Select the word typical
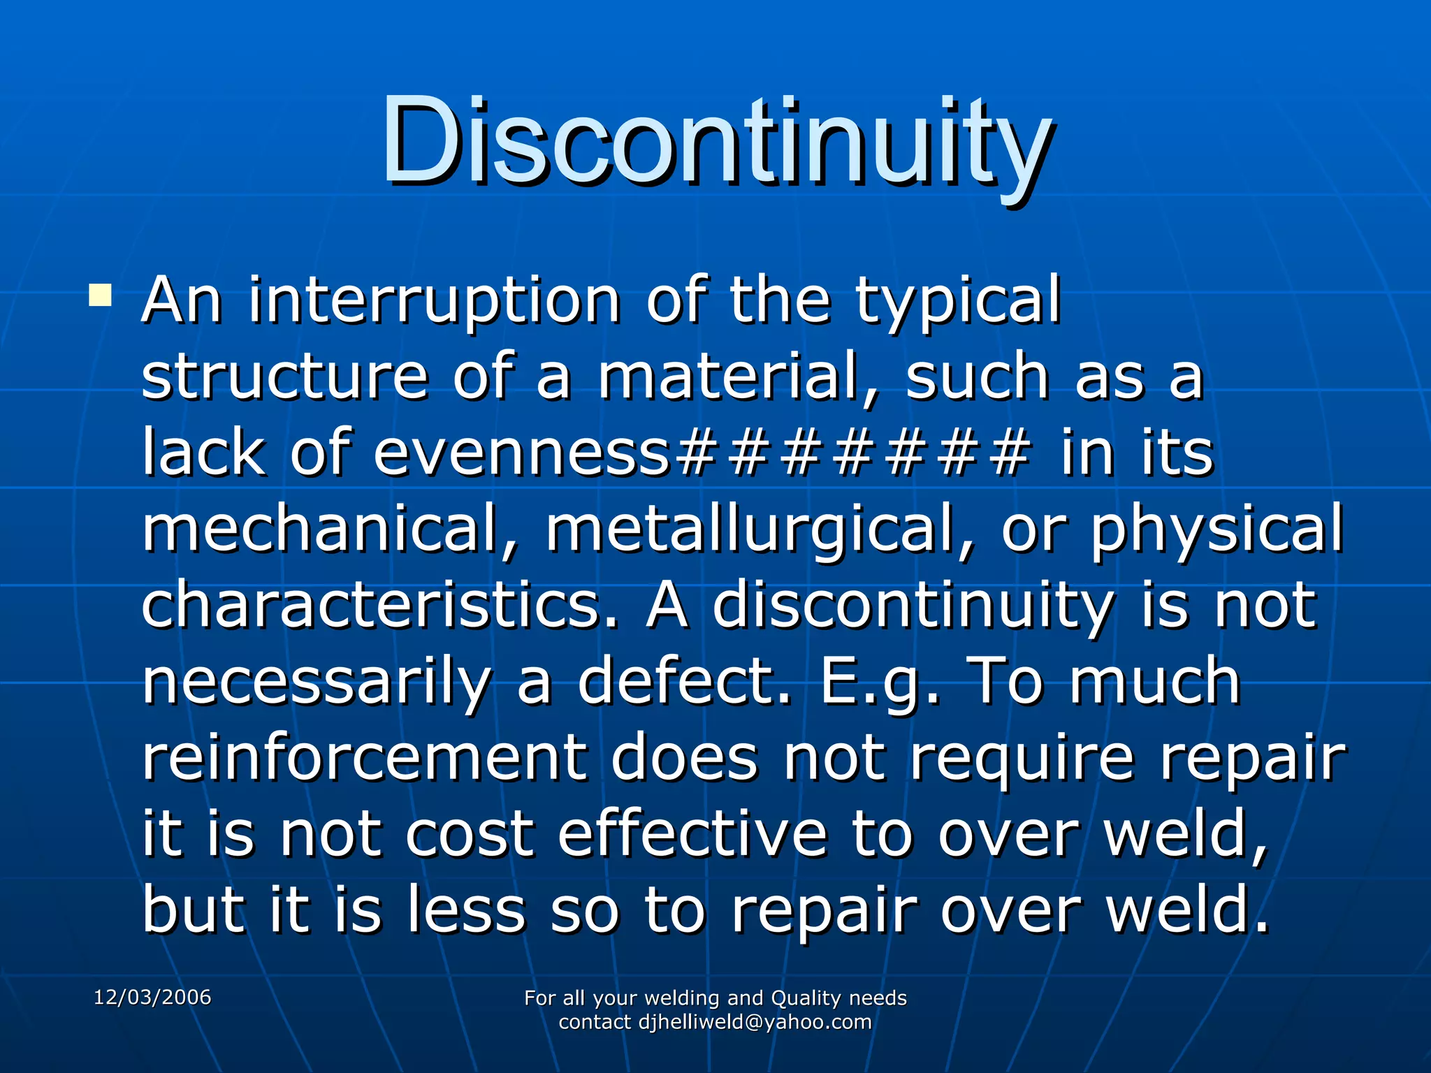point(958,302)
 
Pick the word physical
point(1216,530)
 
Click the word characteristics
point(381,605)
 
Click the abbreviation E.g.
point(880,682)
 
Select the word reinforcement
point(364,758)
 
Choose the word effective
point(692,834)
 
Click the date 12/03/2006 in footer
point(152,997)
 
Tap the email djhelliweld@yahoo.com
point(755,1022)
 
